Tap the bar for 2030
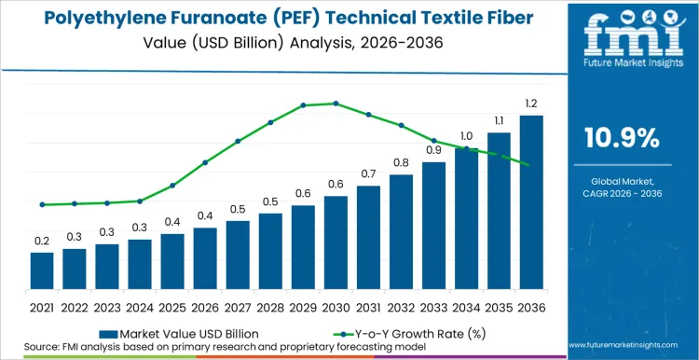point(336,242)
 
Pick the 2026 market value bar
point(205,257)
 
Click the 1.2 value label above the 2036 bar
point(531,103)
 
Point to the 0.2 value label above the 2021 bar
point(42,241)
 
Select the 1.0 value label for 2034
point(466,136)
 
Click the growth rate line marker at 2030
point(336,104)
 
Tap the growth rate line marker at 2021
point(42,204)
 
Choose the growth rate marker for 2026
point(205,162)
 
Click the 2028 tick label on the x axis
point(270,306)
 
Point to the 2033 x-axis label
point(433,306)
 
